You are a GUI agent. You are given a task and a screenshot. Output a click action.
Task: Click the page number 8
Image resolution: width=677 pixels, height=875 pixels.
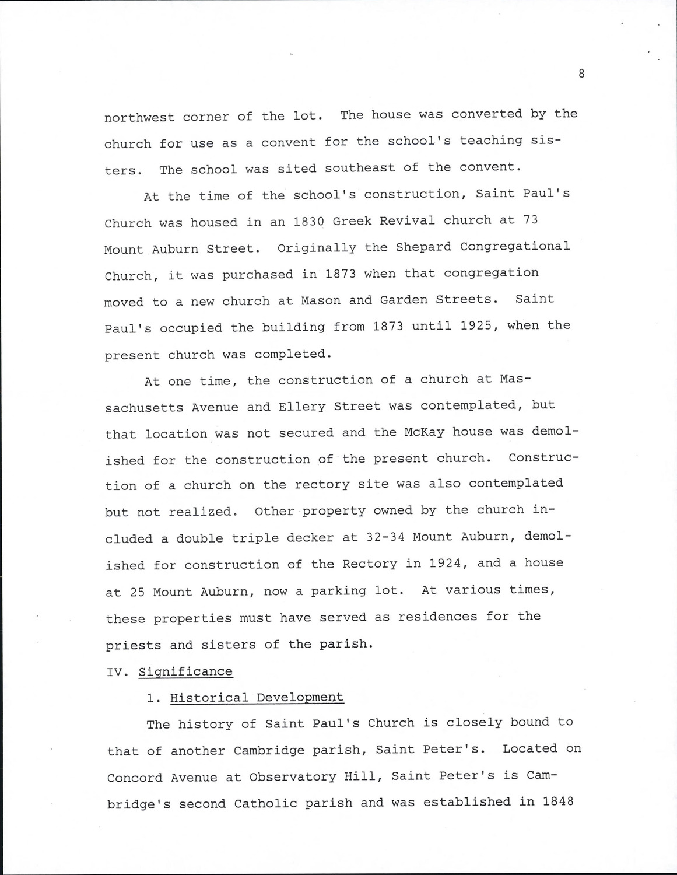pos(581,73)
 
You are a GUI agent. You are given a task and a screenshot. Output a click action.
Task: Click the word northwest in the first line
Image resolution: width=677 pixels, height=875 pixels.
pos(139,117)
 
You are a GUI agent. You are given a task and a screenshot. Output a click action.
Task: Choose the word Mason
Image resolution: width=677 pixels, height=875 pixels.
pos(320,300)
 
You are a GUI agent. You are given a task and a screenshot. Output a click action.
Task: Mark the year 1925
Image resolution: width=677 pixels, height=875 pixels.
pos(479,325)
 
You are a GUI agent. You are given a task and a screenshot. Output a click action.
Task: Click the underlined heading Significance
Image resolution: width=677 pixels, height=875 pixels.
pos(185,671)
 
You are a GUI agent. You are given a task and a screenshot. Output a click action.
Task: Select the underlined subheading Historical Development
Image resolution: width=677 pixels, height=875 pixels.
pos(257,698)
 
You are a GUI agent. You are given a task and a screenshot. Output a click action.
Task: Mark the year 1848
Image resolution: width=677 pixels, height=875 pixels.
pos(558,801)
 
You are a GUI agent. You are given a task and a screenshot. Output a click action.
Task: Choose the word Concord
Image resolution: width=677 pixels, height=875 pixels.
pos(135,778)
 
